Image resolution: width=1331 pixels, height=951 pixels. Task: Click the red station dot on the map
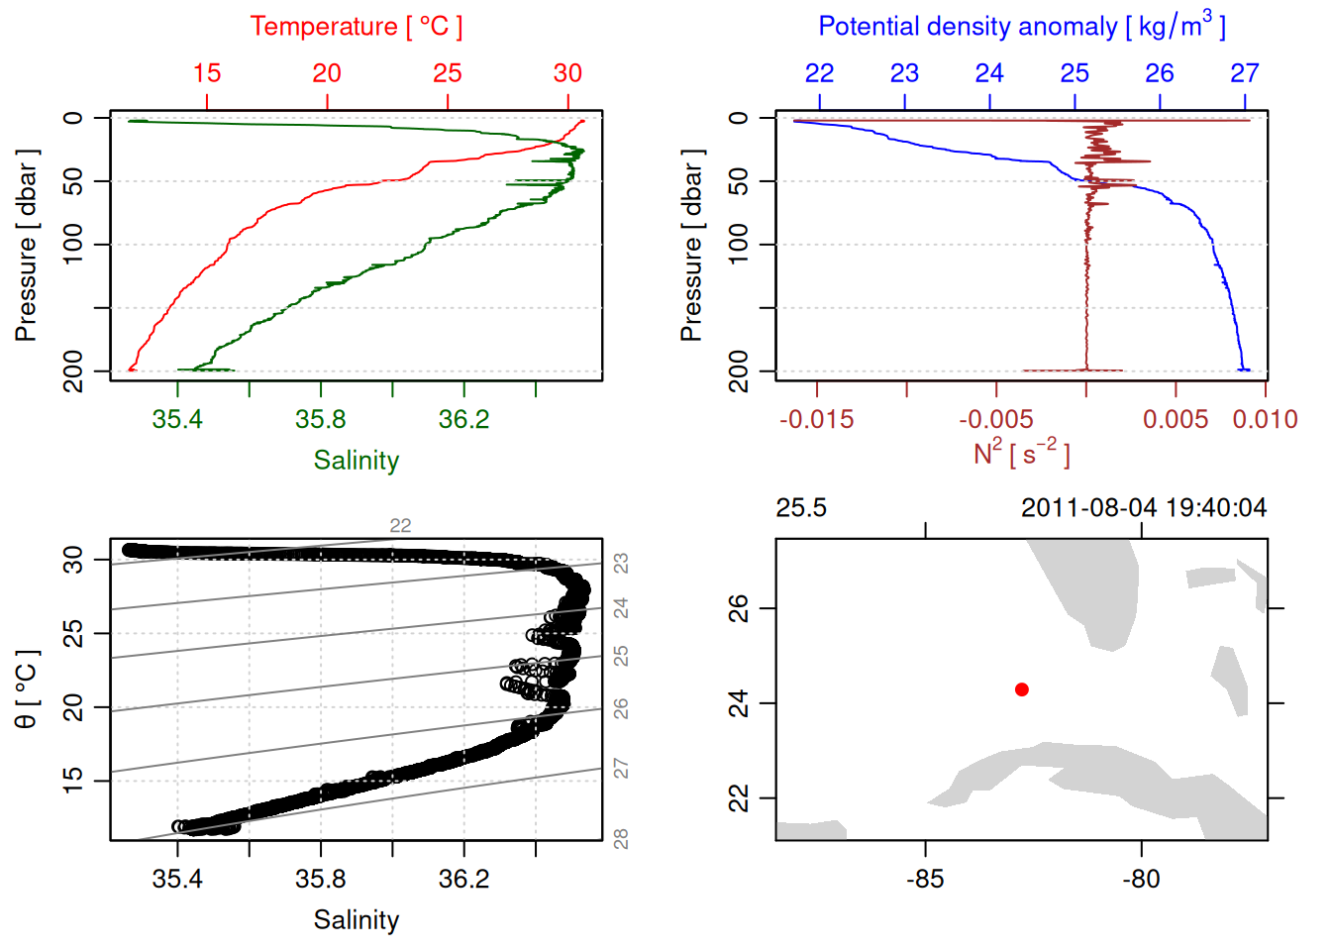coord(1021,689)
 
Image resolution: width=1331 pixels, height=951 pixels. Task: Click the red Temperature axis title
coord(356,27)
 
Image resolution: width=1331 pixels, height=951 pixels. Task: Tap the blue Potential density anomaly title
coord(1021,26)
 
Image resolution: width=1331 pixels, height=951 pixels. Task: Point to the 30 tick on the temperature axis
coord(567,73)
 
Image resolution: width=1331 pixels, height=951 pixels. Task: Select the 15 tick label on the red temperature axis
coord(207,73)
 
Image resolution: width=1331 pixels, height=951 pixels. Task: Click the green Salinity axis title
coord(356,461)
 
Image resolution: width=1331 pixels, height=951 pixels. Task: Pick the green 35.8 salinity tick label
coord(320,420)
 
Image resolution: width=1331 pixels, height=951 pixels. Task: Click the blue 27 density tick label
coord(1244,73)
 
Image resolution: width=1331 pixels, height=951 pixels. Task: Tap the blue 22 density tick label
coord(819,73)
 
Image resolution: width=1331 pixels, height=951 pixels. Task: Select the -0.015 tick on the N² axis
coord(816,420)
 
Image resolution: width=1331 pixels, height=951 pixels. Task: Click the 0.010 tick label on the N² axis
coord(1265,420)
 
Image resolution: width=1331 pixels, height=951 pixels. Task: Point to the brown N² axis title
coord(1021,454)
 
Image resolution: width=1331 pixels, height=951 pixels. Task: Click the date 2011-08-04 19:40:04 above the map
coord(1143,508)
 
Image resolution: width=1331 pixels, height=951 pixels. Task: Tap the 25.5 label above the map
coord(800,508)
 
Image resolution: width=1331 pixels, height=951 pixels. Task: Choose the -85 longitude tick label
coord(925,879)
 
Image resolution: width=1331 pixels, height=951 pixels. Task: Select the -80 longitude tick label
coord(1141,879)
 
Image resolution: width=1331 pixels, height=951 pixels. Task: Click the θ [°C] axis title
coord(26,689)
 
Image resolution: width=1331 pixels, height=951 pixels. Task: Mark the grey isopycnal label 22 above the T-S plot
coord(400,525)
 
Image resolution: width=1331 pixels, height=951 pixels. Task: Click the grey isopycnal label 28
coord(621,839)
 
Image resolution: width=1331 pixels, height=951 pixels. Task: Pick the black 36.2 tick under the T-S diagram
coord(463,879)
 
